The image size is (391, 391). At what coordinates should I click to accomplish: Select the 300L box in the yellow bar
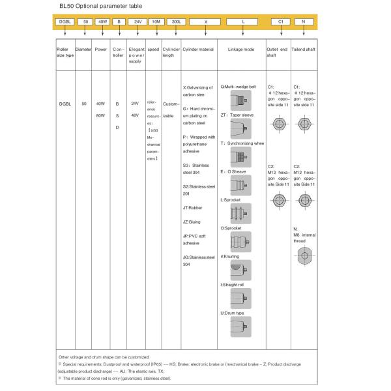tap(175, 22)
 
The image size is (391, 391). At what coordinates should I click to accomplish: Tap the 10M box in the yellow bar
tap(156, 22)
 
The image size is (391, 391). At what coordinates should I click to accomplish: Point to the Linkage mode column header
tap(242, 50)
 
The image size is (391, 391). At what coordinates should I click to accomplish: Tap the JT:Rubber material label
tap(193, 207)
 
